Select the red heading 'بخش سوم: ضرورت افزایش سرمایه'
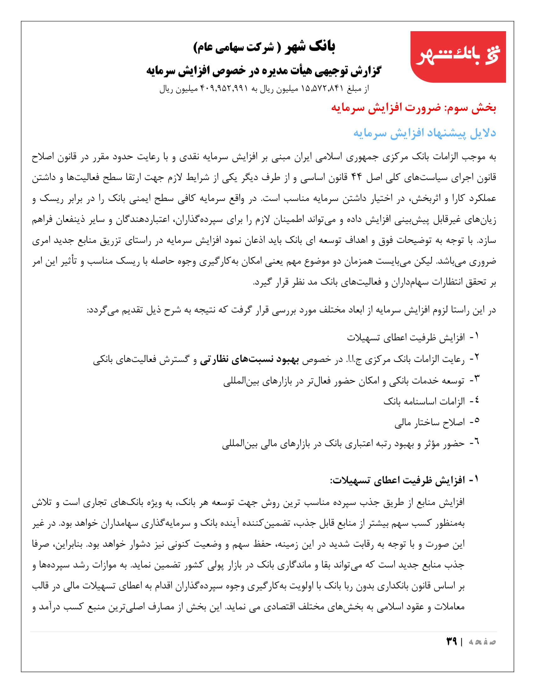coord(413,108)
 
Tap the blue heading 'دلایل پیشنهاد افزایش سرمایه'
coord(425,133)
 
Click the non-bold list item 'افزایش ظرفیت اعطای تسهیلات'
coord(406,338)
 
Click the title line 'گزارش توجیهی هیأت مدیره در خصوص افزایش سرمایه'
coord(264,71)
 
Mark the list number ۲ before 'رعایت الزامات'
coord(476,358)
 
